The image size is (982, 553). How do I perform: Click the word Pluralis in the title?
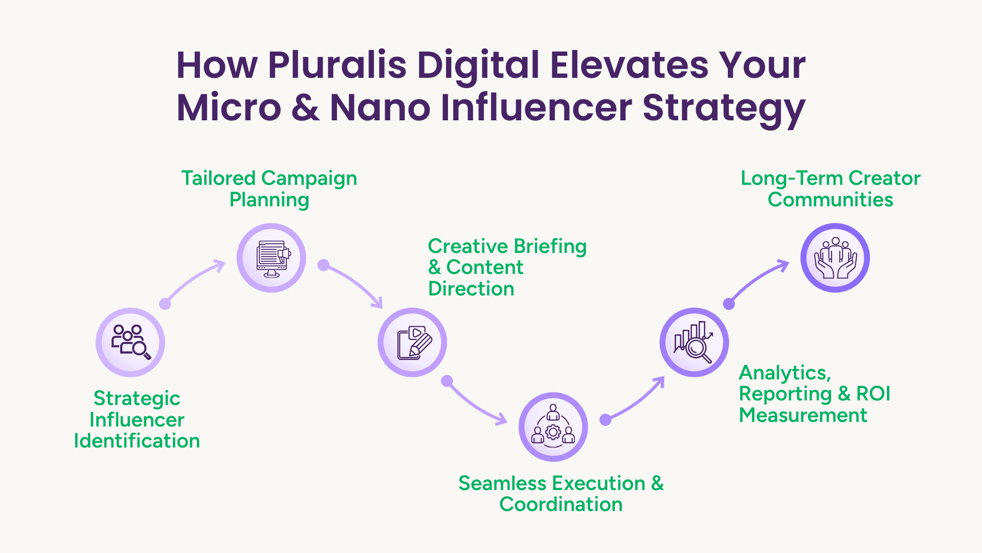coord(337,65)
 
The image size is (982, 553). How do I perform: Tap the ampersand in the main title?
coord(306,108)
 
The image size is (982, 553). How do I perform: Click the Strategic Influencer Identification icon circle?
coord(130,342)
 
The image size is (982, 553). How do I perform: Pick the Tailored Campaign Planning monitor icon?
coord(272,258)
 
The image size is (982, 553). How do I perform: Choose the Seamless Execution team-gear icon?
coord(553,427)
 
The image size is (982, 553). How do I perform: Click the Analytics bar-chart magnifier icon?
coord(694,342)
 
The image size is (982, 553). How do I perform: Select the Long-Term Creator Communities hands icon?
coord(835,258)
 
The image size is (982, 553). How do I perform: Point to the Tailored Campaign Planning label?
coord(270,189)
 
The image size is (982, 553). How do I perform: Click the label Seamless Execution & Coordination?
coord(561,494)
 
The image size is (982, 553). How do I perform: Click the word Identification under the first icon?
coord(137,441)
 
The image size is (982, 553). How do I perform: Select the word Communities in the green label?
coord(830,200)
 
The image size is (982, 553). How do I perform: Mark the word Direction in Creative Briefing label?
coord(471,289)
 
